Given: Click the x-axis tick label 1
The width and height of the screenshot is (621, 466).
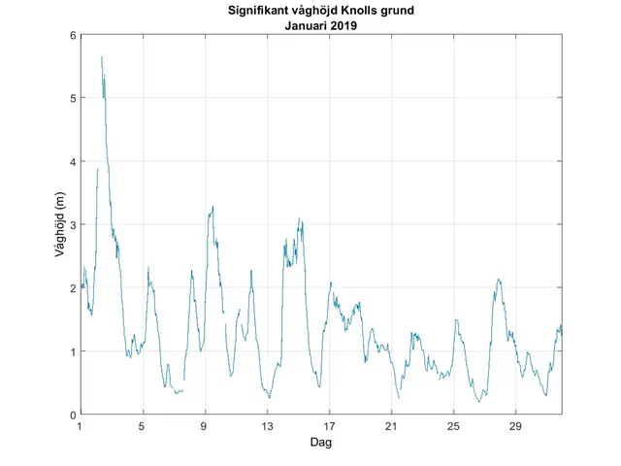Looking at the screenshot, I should click(81, 426).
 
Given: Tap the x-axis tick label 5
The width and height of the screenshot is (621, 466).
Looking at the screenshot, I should click(143, 426).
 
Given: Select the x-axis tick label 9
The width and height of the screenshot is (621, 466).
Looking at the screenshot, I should click(205, 426).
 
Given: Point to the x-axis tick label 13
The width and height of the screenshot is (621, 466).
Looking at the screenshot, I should click(267, 426).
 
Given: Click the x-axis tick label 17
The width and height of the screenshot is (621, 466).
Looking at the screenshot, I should click(329, 426).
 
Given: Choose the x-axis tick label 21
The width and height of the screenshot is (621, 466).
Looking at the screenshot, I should click(391, 426).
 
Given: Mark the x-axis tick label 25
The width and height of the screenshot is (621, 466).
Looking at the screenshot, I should click(453, 426).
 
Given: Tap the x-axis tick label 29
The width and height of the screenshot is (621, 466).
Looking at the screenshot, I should click(515, 426).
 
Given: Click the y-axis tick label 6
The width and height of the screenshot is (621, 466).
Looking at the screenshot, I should click(72, 36).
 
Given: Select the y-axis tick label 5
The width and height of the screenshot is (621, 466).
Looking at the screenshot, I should click(72, 99).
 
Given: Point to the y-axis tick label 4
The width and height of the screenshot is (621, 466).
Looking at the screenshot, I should click(72, 162).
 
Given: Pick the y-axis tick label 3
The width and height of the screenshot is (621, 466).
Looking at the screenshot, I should click(72, 225).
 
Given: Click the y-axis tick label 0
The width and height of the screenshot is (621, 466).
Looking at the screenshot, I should click(72, 415).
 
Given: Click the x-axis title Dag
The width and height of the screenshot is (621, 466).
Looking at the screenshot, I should click(321, 442).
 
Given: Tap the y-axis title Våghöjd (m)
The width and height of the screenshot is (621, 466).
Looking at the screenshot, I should click(60, 225).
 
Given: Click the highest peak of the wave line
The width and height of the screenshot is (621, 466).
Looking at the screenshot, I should click(102, 57).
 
